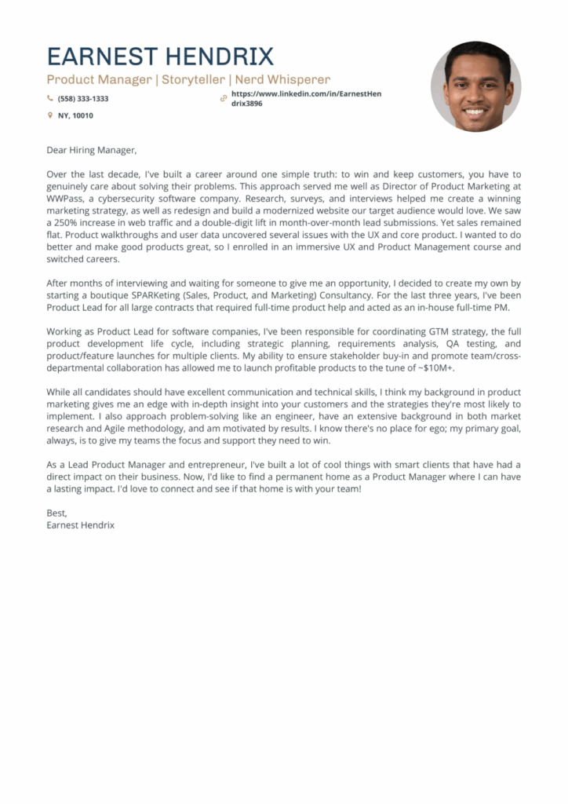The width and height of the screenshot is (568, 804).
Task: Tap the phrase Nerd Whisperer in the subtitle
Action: tap(283, 79)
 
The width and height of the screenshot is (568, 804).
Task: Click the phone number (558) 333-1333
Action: tap(83, 99)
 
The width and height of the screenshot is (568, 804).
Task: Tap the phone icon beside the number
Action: tap(50, 99)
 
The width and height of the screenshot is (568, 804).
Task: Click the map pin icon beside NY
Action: tap(50, 115)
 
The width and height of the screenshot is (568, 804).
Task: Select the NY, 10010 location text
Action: tap(75, 115)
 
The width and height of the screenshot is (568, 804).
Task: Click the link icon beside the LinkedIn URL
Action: tap(224, 98)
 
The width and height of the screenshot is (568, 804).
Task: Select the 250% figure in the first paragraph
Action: tap(67, 223)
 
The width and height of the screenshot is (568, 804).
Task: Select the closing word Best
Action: tap(57, 513)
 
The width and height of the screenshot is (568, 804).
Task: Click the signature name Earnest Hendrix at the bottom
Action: tap(81, 524)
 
